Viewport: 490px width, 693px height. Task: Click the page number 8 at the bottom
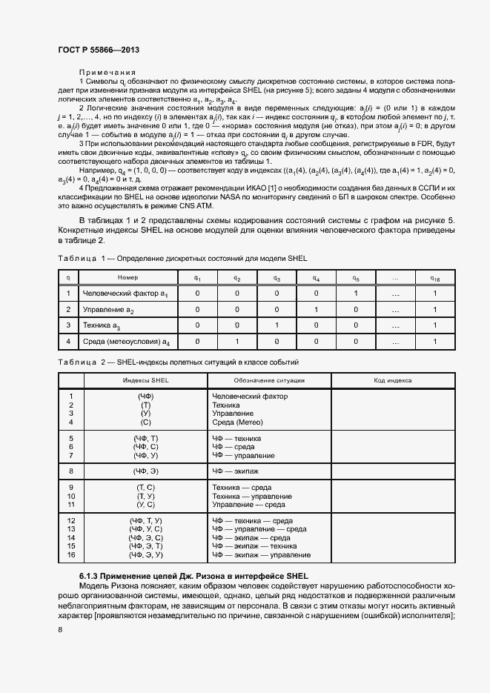(x=59, y=630)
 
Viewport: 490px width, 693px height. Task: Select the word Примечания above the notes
(x=107, y=72)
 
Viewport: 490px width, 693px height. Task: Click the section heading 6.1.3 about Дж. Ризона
(x=193, y=576)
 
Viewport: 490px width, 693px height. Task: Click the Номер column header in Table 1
(x=128, y=277)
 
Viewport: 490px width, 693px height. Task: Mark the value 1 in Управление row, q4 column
(x=316, y=309)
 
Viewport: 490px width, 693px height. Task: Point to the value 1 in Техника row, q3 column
(x=277, y=325)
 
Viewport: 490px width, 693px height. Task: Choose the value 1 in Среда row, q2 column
(x=236, y=341)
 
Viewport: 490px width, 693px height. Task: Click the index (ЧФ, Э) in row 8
(x=145, y=471)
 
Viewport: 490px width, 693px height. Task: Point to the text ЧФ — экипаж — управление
(x=261, y=554)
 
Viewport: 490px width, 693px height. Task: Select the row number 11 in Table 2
(x=72, y=504)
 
